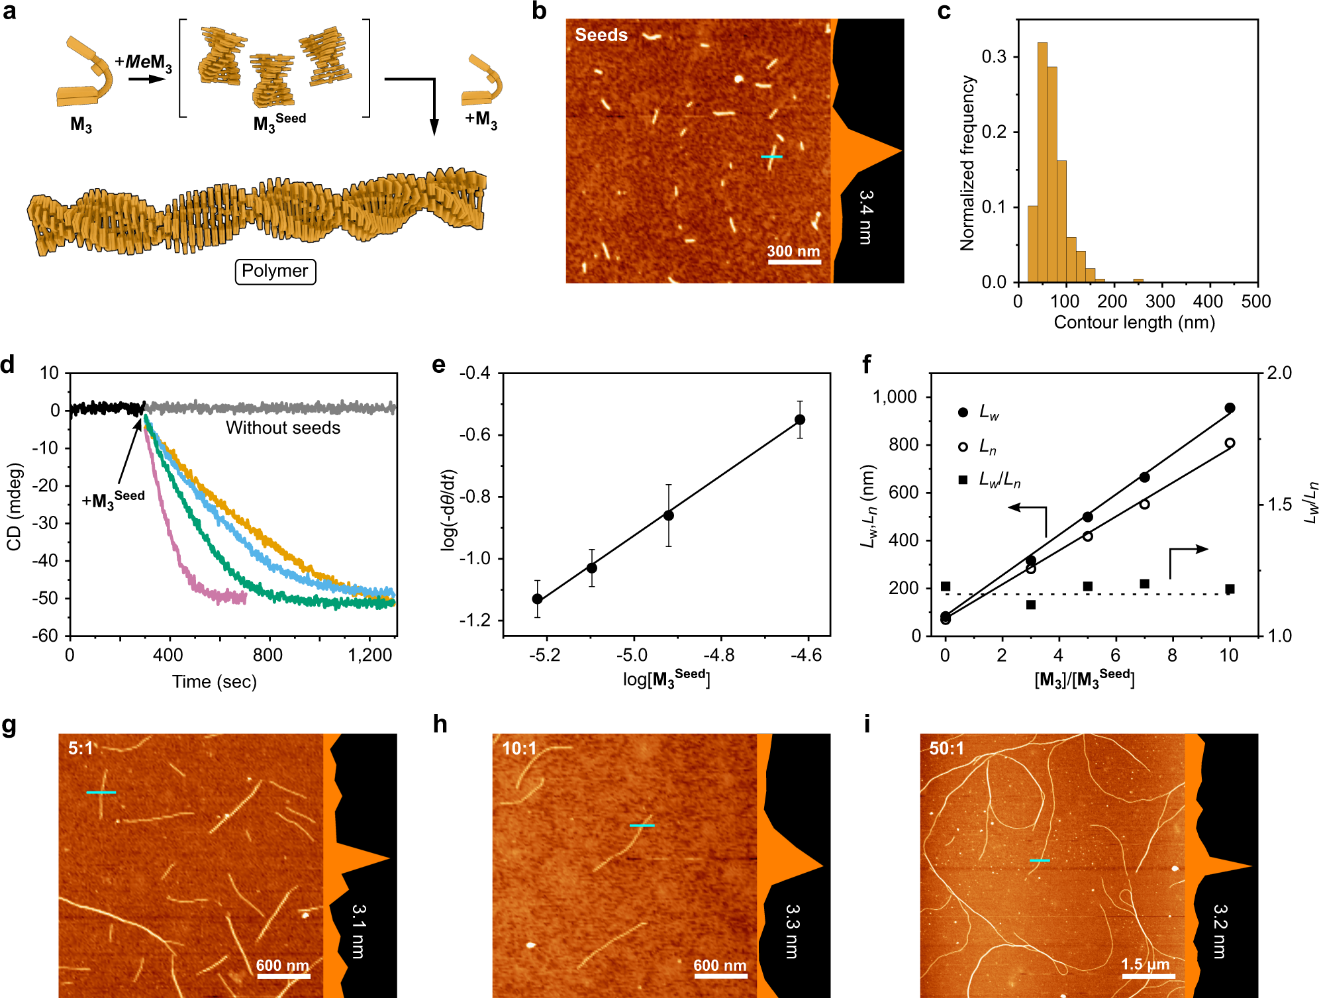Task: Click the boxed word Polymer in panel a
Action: (275, 272)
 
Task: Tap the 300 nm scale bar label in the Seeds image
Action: (793, 252)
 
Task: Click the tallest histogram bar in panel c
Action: (1042, 162)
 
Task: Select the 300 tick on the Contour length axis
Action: (1160, 302)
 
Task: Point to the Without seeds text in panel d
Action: (283, 428)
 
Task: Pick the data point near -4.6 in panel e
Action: (800, 419)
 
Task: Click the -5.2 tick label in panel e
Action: (544, 656)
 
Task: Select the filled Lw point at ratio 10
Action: (1230, 408)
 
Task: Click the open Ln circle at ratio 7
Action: (1144, 504)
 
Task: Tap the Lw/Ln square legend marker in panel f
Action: (963, 479)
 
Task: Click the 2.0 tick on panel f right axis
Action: (1279, 373)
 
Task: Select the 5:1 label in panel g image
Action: (81, 748)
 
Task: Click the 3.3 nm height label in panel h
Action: (792, 931)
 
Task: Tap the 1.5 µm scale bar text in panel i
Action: (1146, 964)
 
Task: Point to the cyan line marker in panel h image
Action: (642, 825)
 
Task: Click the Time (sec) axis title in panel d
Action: (214, 681)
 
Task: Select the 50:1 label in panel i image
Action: (946, 748)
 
